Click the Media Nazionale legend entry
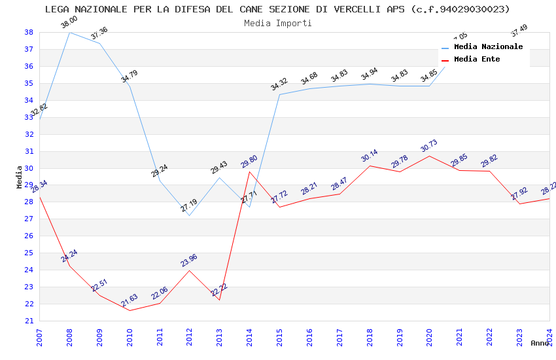pos(488,47)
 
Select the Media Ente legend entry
pos(477,60)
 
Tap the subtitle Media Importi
pos(278,23)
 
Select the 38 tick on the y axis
pos(29,32)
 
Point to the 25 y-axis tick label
pos(29,253)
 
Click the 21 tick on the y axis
pos(29,321)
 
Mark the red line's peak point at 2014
pos(249,171)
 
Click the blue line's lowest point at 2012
pos(189,216)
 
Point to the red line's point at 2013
pos(219,300)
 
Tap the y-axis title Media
pos(20,177)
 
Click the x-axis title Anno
pos(540,343)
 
